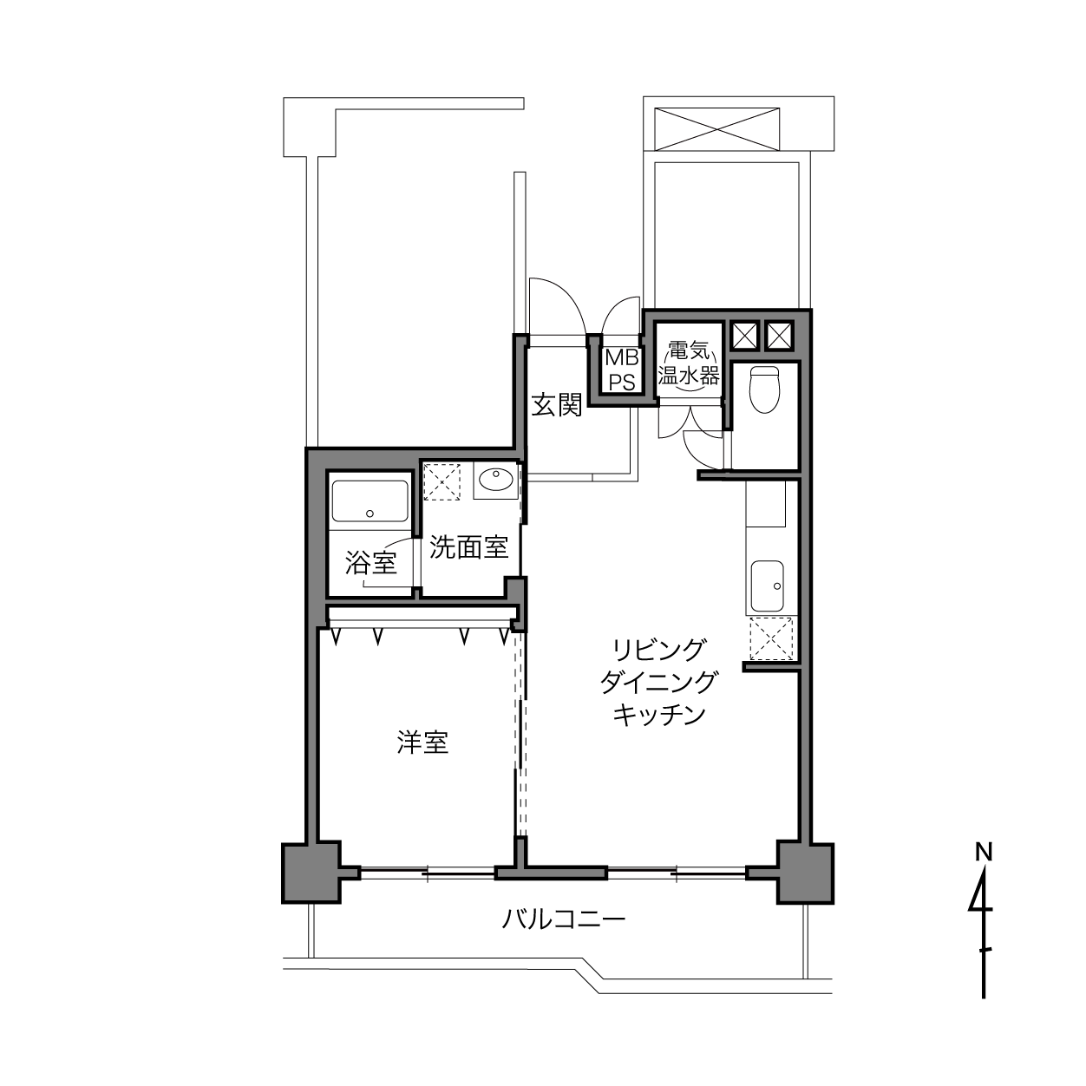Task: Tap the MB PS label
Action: tap(622, 370)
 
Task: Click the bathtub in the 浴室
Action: tap(370, 501)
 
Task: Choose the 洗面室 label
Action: tap(468, 546)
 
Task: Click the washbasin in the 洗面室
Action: tap(495, 481)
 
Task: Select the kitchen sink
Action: tap(767, 586)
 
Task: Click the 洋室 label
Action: tap(422, 743)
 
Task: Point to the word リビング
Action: tap(658, 650)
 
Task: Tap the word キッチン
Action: tap(659, 714)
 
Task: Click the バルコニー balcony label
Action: tap(564, 920)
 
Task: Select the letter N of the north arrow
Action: tap(984, 852)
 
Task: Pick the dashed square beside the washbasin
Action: tap(442, 481)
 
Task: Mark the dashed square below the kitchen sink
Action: tap(771, 638)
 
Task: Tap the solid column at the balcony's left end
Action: tap(311, 873)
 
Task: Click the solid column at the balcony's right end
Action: tap(805, 873)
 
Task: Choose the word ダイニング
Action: tap(658, 682)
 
